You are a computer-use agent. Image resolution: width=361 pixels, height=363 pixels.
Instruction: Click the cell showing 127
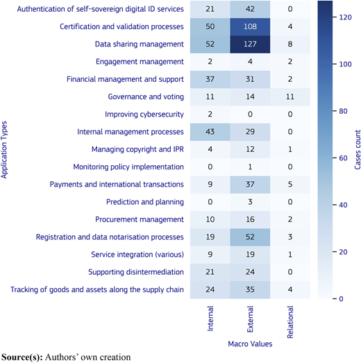[250, 44]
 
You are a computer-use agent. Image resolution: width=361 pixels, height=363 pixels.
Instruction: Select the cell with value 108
[250, 26]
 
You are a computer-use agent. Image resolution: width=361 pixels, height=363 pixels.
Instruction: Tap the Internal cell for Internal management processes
[210, 132]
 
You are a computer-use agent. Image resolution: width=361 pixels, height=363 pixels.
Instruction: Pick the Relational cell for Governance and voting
[290, 96]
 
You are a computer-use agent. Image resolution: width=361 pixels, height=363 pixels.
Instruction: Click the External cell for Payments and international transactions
[250, 185]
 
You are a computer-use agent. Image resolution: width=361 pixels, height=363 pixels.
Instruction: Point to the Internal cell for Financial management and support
[210, 79]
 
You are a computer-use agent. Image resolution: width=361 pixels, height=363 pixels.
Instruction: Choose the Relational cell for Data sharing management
[290, 44]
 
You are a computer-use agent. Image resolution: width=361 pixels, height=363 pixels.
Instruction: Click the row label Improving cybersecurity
[144, 115]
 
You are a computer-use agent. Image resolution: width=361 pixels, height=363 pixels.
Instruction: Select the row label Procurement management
[140, 219]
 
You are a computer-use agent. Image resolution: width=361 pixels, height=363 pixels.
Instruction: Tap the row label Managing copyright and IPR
[137, 149]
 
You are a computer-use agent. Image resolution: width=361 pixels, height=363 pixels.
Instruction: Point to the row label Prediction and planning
[145, 202]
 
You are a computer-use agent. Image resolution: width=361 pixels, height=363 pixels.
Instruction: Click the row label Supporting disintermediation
[136, 272]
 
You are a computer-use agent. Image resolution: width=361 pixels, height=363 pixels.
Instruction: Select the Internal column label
[210, 319]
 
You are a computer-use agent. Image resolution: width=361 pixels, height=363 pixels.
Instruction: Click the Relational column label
[290, 322]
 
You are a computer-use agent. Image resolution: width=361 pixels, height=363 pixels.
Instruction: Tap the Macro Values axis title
[250, 344]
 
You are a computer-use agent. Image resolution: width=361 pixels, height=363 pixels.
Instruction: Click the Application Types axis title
[4, 150]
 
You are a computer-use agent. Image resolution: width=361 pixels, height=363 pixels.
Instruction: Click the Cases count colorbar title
[358, 149]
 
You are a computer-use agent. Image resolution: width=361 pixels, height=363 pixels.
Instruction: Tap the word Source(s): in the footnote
[22, 357]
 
